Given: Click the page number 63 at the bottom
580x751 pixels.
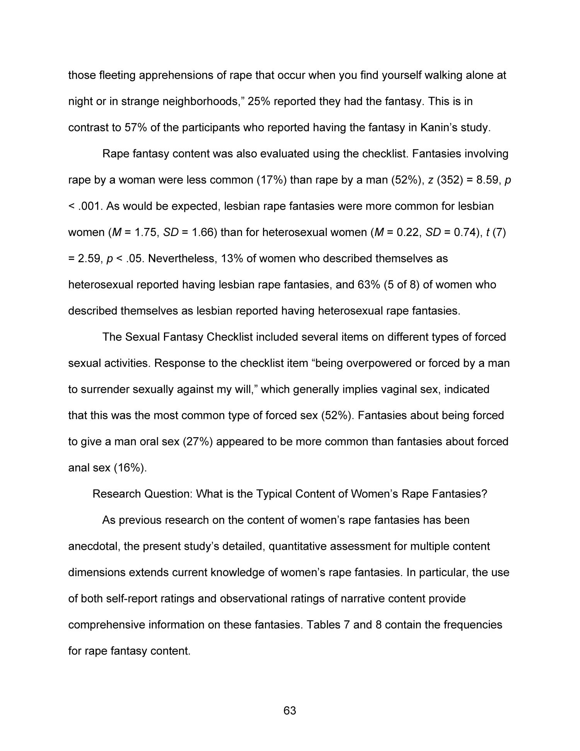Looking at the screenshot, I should pyautogui.click(x=290, y=710).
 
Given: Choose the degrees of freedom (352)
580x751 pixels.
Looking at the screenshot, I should pyautogui.click(x=450, y=180).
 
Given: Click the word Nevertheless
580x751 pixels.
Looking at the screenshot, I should pyautogui.click(x=183, y=259).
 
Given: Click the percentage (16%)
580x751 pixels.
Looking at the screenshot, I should pyautogui.click(x=130, y=468).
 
